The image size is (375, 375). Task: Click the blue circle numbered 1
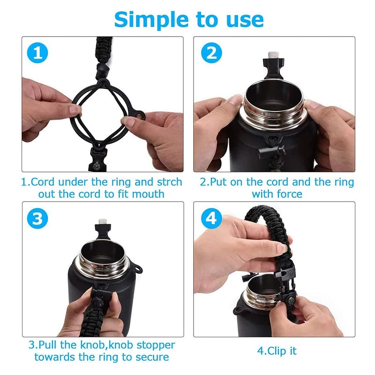point(37,53)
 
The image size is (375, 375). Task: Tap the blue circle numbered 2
point(211,53)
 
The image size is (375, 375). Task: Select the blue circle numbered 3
point(37,218)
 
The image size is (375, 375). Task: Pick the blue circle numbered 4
point(211,218)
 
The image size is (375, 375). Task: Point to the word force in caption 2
point(289,194)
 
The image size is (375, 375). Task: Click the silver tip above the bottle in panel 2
point(273,55)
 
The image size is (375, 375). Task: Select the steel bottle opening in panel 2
point(274,100)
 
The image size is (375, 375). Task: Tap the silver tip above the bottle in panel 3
point(102,222)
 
